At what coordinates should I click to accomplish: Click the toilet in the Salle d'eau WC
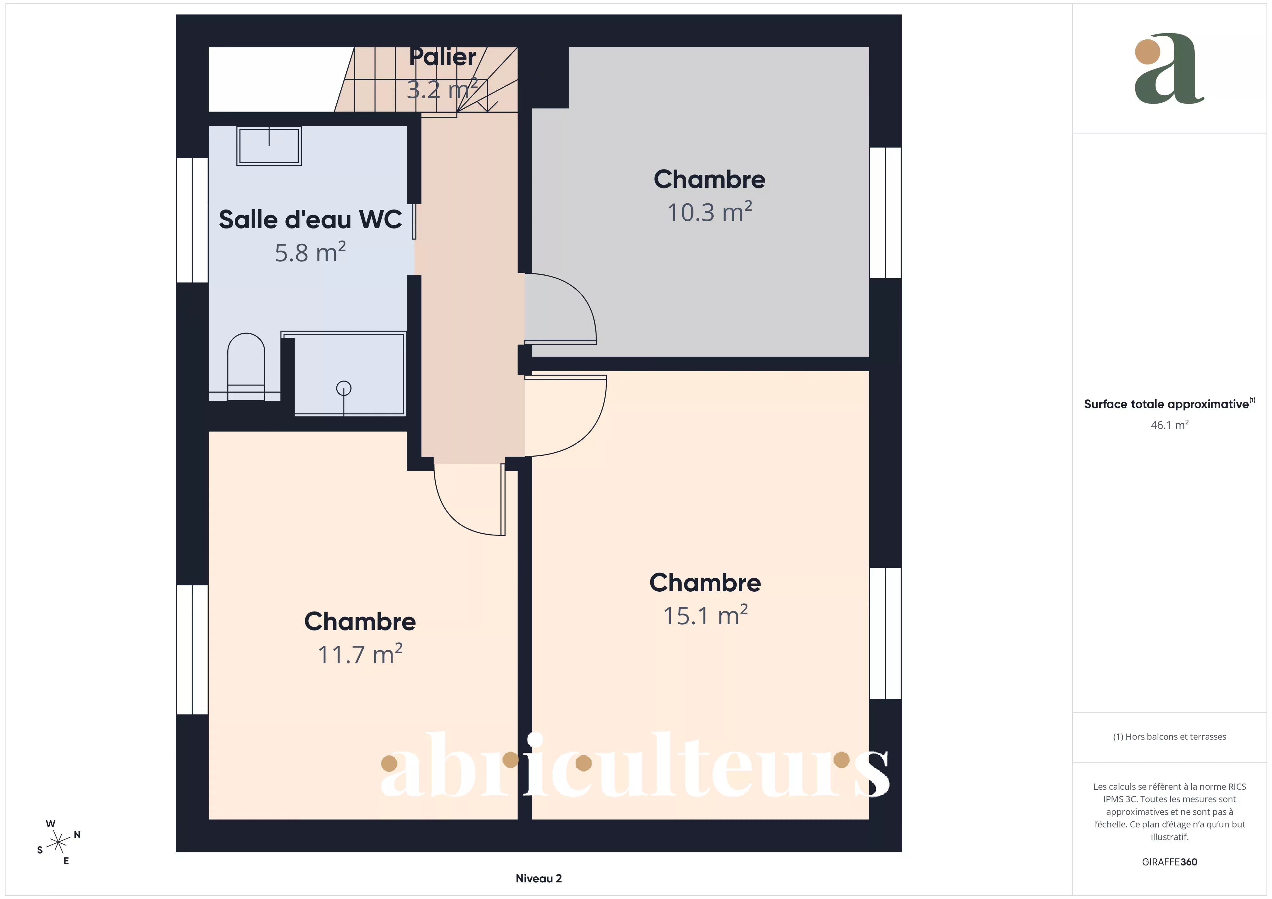[246, 367]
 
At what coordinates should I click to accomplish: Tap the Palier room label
[443, 57]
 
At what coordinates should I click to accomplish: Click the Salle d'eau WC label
[310, 219]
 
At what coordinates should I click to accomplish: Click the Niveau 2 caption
[538, 879]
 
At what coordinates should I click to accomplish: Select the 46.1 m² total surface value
[1170, 425]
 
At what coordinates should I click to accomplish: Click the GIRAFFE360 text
[1170, 862]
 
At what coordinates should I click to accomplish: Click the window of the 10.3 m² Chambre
[885, 213]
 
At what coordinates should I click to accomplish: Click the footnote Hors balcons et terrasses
[1170, 737]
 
